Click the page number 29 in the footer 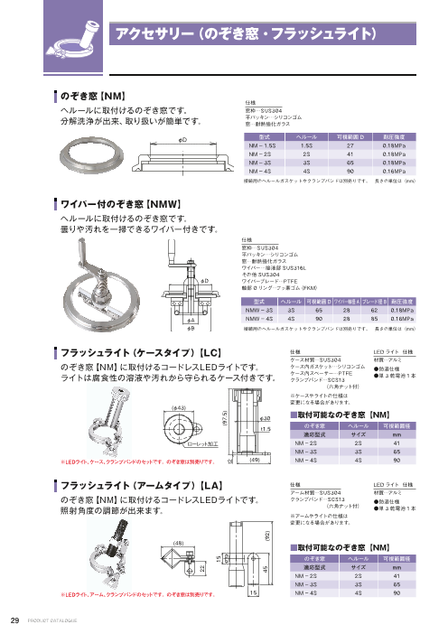click(x=14, y=620)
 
